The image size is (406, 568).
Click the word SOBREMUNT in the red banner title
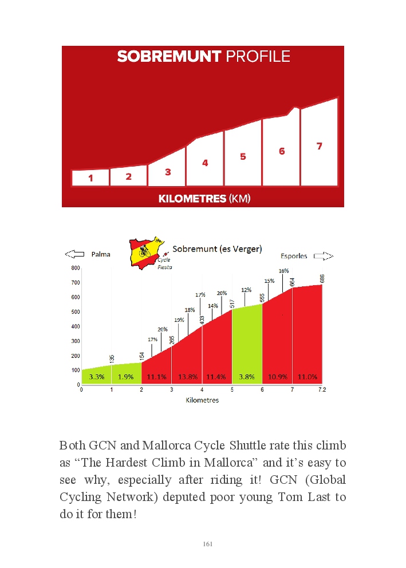coord(169,56)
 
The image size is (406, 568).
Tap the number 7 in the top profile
coord(320,147)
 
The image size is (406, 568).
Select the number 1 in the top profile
coord(90,179)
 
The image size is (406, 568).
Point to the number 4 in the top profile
coord(205,163)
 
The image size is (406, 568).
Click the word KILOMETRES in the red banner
coord(192,199)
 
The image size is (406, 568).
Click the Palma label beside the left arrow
coord(101,254)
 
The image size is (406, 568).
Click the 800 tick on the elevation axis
coord(75,268)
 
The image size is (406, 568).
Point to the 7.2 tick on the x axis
coord(321,390)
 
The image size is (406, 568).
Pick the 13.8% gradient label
coord(187,377)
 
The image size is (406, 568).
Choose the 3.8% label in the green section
coord(247,377)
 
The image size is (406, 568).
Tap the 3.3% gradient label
coord(96,377)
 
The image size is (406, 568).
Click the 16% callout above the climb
coord(283,270)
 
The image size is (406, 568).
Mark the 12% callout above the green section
coord(246,290)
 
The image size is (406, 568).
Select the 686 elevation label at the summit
coord(322,279)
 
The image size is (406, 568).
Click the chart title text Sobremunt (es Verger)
coord(217,249)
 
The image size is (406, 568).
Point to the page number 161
coord(208,544)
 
